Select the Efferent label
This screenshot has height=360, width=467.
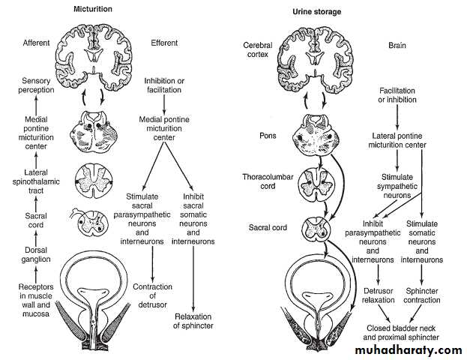(165, 43)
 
